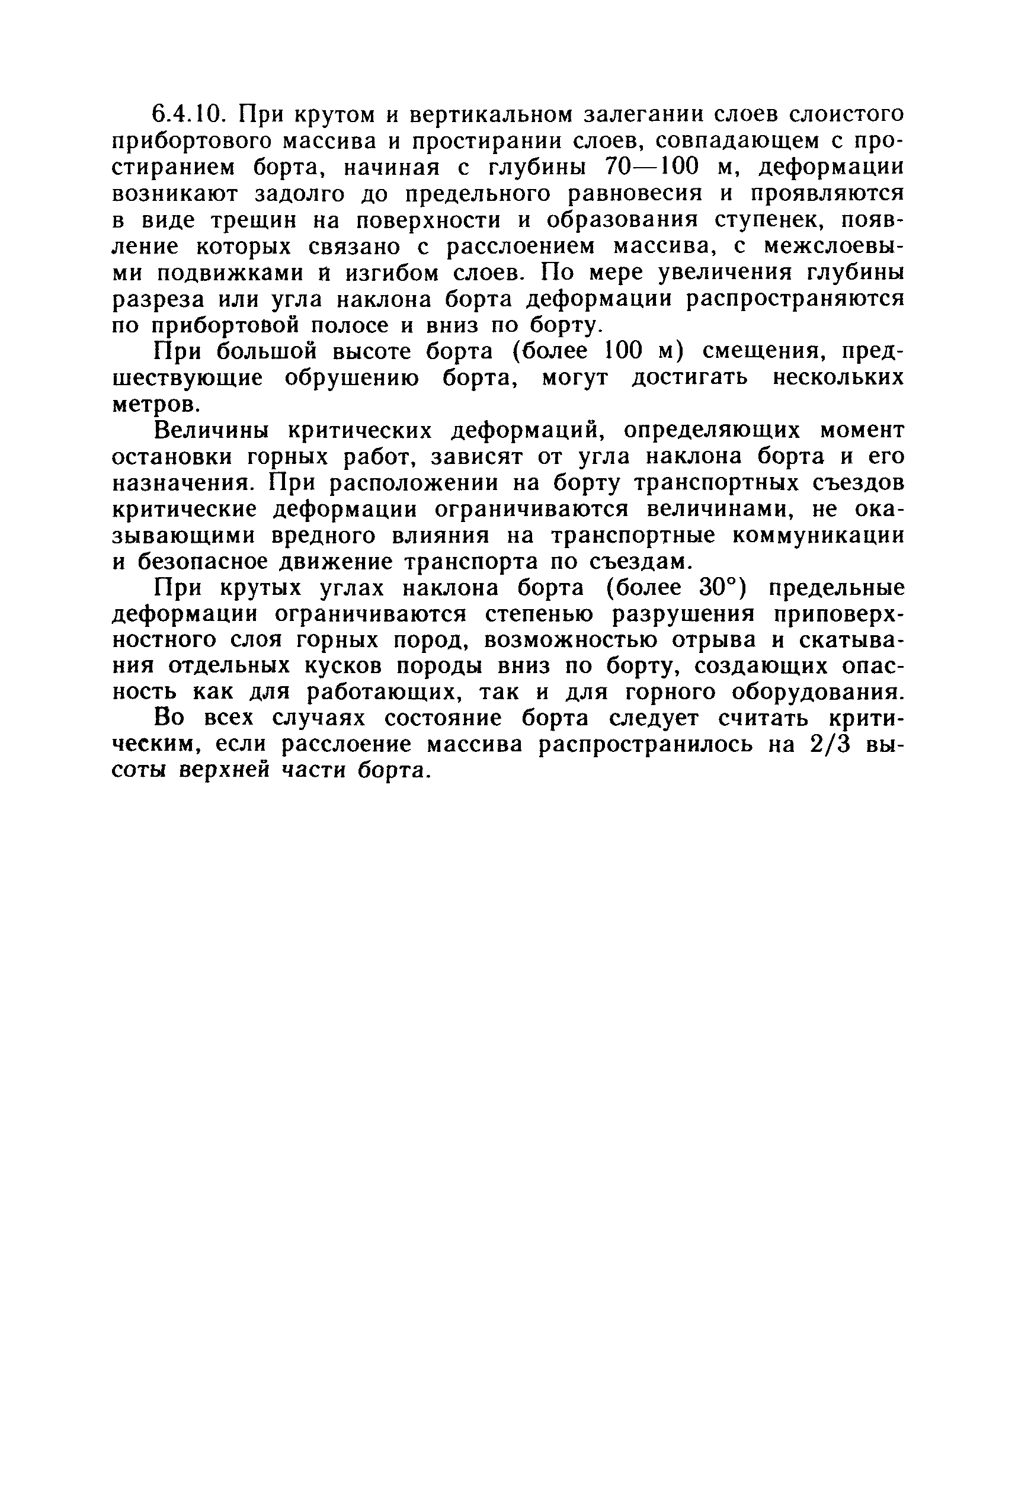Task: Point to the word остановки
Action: pos(173,457)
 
